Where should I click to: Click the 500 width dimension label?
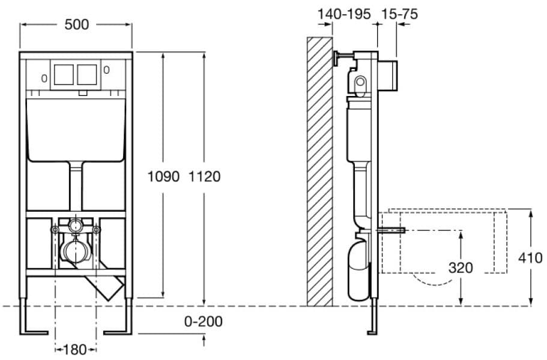tap(76, 25)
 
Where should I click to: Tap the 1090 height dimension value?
tap(163, 176)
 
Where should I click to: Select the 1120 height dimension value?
tap(204, 176)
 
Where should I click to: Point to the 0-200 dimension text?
tap(204, 322)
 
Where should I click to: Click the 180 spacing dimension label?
tap(75, 349)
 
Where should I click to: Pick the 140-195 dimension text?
tap(344, 14)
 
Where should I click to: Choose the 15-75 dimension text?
tap(399, 14)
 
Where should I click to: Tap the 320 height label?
tap(461, 268)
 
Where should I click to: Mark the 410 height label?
tap(530, 258)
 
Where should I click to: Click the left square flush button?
tap(64, 74)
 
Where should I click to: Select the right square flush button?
tap(87, 74)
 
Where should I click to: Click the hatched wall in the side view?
tap(319, 172)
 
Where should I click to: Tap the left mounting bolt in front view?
tap(55, 230)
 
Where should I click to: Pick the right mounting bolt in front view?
tap(96, 230)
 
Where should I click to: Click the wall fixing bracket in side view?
tap(343, 58)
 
